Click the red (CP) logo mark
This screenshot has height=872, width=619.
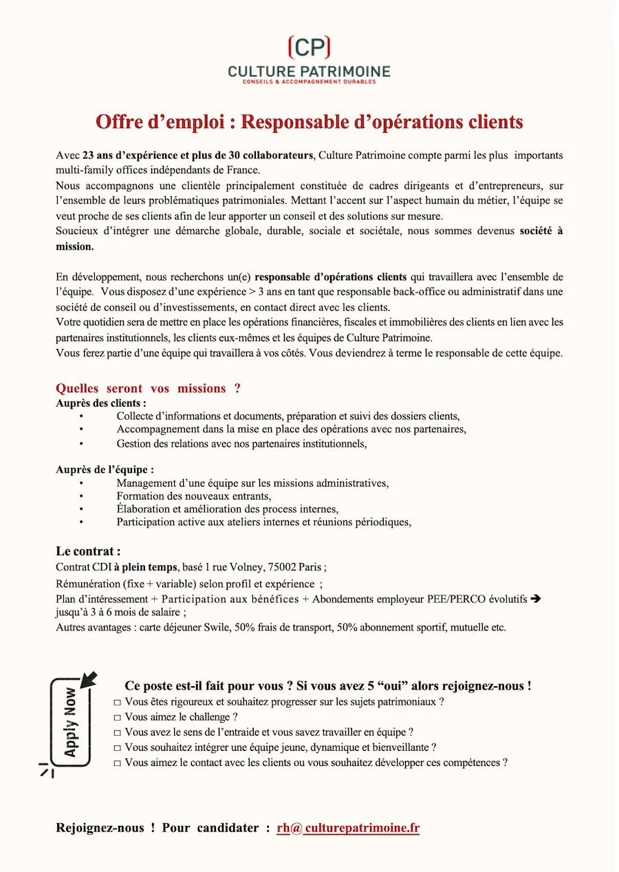pos(309,47)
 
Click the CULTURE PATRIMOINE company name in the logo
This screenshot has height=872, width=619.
pos(309,71)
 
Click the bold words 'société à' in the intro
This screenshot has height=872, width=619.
pos(541,231)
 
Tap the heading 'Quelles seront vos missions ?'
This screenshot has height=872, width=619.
pos(148,388)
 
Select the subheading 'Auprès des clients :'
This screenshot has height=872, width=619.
pos(101,403)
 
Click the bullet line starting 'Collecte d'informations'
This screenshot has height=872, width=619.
pos(287,416)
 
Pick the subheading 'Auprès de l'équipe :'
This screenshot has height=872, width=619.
pos(105,469)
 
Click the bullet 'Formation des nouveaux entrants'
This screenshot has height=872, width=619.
pos(194,496)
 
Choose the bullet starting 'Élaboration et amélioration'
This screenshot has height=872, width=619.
pos(227,509)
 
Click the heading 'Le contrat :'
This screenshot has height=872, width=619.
pos(88,551)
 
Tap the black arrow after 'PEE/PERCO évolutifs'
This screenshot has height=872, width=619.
pos(536,599)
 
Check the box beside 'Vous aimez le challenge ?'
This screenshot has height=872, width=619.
pos(118,717)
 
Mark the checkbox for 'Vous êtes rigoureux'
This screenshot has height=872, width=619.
pos(118,702)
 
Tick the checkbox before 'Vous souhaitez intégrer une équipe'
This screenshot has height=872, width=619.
pos(118,747)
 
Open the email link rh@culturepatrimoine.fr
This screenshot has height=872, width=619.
pos(348,828)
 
